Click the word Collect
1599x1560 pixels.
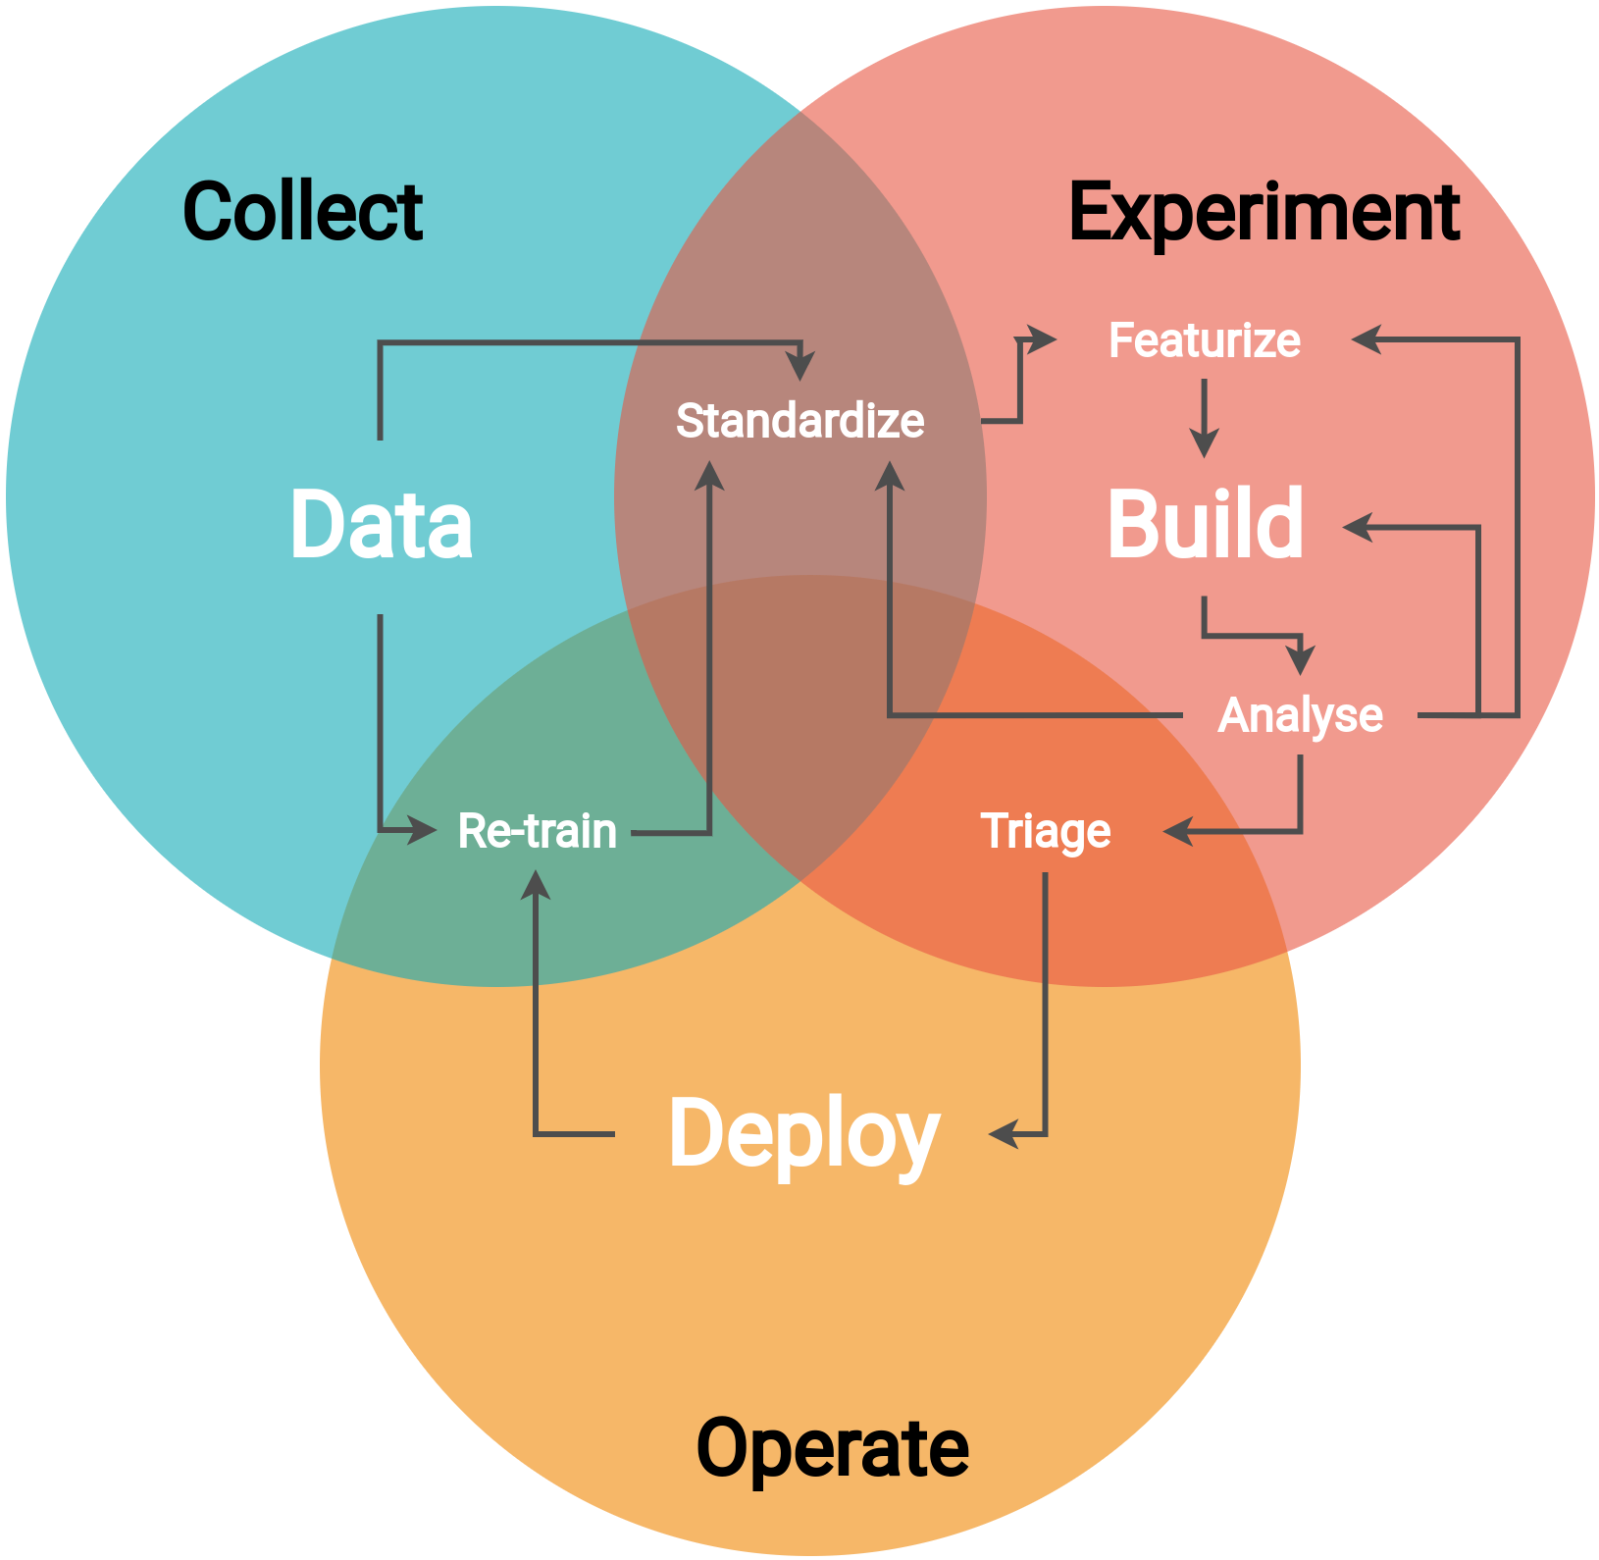click(302, 212)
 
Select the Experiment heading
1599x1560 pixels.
click(1264, 213)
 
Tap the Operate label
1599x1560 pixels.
click(832, 1449)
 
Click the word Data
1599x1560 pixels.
click(382, 525)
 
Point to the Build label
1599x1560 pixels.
click(1206, 525)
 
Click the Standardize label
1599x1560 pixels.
click(799, 421)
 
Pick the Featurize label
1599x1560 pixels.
click(1205, 340)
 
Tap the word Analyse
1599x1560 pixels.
click(1300, 715)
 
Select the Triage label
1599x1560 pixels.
click(1046, 832)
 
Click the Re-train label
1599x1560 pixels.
click(538, 831)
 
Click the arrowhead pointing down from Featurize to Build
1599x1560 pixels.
click(1204, 443)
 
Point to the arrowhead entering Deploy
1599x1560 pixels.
click(1003, 1135)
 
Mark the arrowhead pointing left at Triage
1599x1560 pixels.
click(1177, 832)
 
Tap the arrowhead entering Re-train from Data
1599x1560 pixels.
click(424, 831)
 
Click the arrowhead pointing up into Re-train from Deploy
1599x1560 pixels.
click(536, 884)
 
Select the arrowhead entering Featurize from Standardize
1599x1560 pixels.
click(1042, 340)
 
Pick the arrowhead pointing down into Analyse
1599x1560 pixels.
click(1301, 660)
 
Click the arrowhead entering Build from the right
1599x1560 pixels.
click(1358, 527)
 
